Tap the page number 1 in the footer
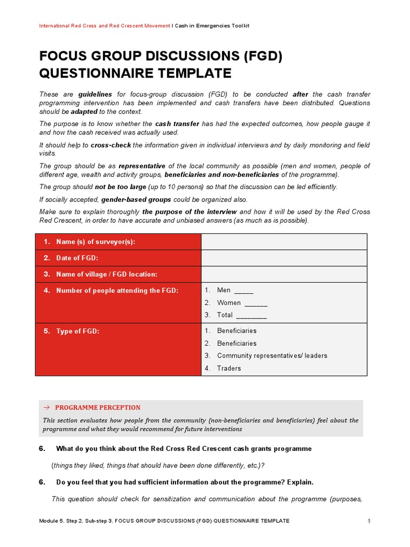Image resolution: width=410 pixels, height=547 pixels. (368, 521)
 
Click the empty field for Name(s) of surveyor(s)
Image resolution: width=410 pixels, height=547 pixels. (283, 242)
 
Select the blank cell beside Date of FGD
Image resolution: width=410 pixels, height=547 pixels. (283, 258)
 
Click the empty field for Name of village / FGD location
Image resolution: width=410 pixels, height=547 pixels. (283, 274)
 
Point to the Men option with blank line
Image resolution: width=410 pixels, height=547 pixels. (235, 290)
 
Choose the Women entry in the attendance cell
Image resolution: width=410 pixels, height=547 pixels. (242, 303)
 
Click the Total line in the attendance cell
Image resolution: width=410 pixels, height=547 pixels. (241, 315)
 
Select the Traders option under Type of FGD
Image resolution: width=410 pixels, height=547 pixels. (228, 368)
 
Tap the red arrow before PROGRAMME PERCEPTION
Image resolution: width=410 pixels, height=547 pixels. (46, 408)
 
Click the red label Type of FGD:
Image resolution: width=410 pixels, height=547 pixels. (77, 331)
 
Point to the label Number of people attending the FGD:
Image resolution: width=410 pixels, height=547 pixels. (117, 291)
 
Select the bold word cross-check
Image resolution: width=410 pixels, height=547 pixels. (111, 145)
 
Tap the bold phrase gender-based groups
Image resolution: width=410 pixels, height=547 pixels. (136, 199)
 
